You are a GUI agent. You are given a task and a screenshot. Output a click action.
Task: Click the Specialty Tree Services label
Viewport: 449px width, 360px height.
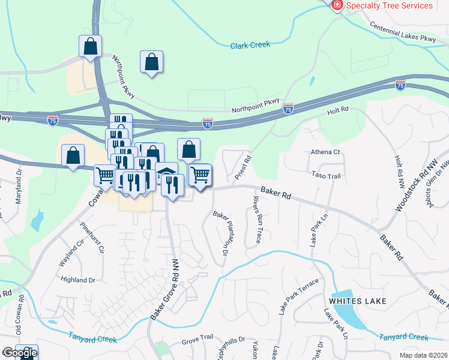click(x=389, y=5)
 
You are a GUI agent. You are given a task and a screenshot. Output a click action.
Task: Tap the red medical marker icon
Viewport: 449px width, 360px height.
click(x=337, y=5)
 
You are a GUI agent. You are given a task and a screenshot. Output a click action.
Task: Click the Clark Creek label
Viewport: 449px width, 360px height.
click(x=250, y=44)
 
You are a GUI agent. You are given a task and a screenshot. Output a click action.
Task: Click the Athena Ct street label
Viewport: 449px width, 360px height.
click(x=325, y=152)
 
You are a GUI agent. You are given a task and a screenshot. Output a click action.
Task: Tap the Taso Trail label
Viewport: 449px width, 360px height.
click(x=326, y=176)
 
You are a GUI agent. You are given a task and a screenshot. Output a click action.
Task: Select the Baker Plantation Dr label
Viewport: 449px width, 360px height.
click(x=221, y=233)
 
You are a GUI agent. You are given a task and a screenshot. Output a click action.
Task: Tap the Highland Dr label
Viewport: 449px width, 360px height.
click(x=79, y=280)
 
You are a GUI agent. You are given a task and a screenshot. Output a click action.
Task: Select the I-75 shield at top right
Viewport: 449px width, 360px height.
click(x=400, y=85)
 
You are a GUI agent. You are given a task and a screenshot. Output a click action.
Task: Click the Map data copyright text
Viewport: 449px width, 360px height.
click(x=423, y=355)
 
